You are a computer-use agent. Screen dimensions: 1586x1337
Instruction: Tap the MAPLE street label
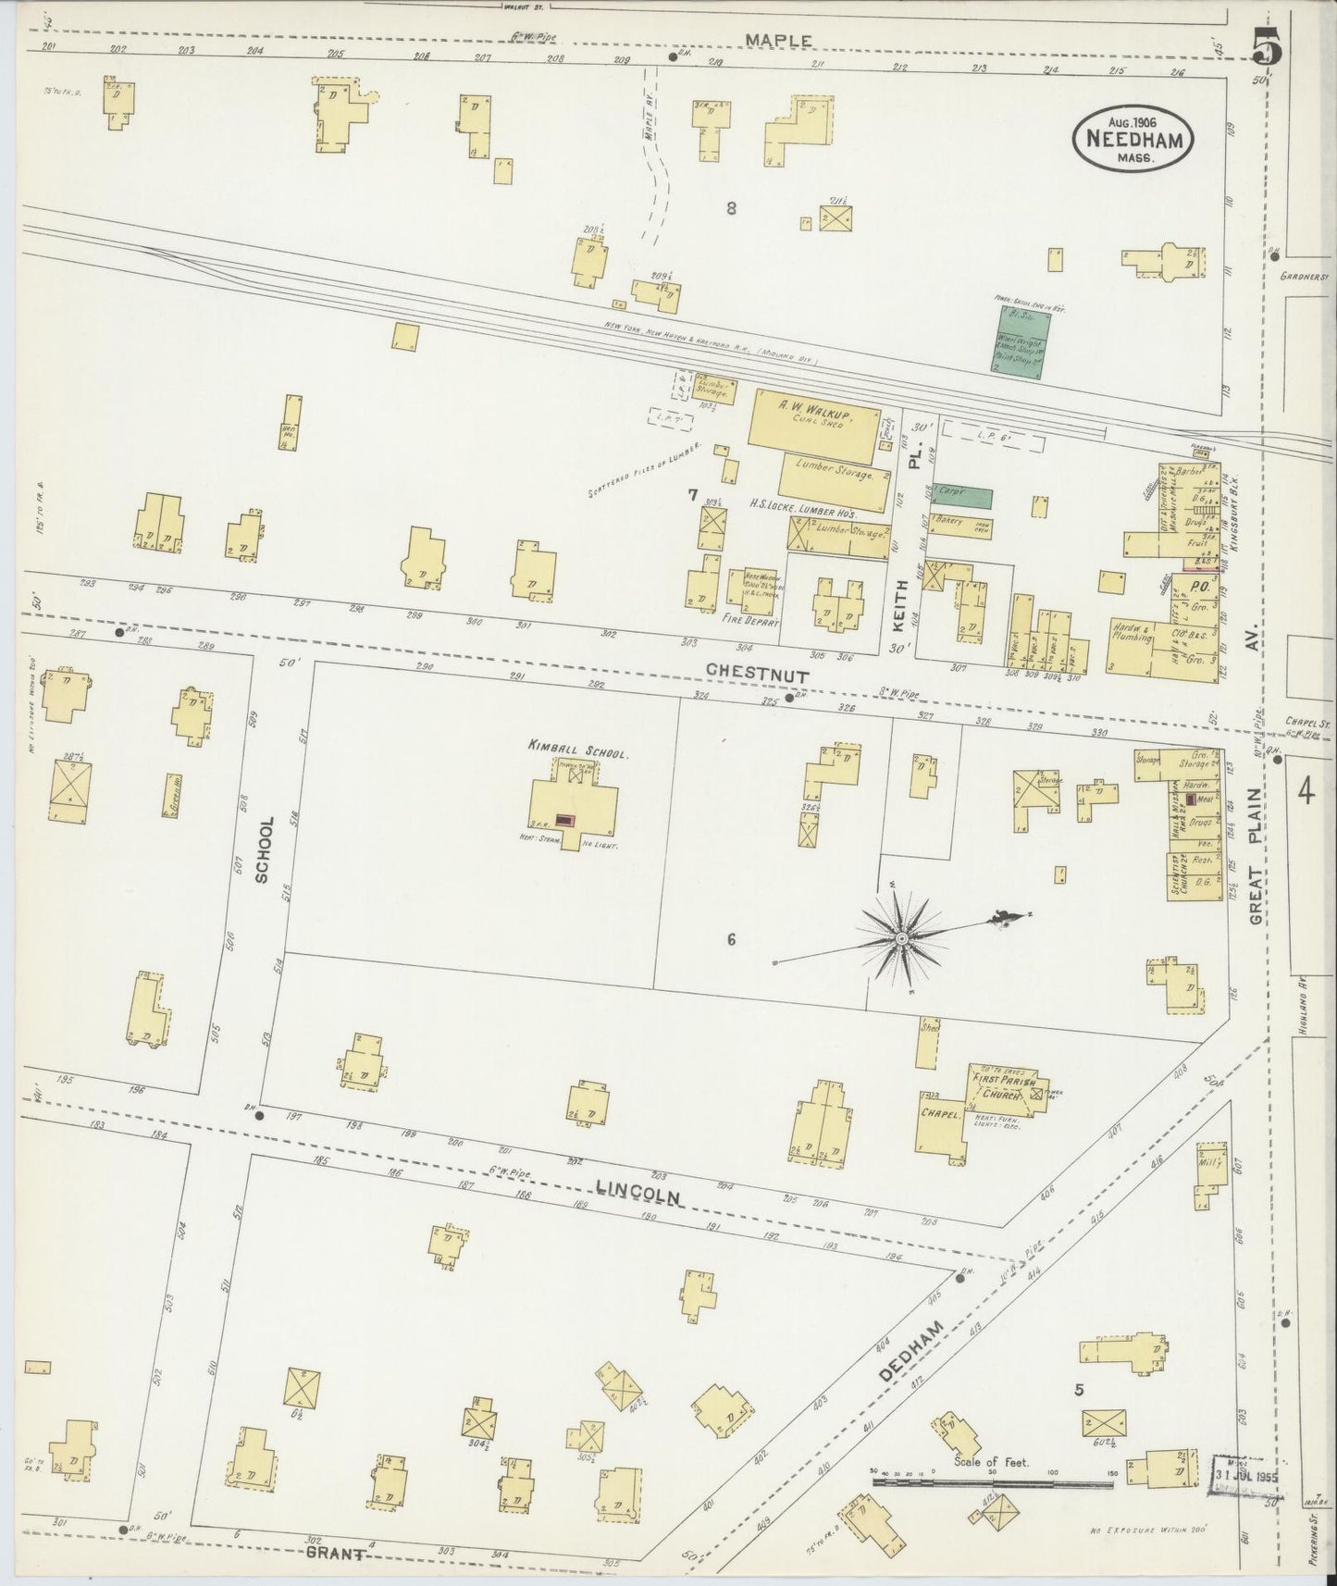click(x=780, y=40)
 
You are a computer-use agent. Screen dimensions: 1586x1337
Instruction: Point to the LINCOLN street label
click(x=638, y=1194)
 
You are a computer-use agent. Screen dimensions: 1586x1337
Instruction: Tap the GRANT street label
click(x=335, y=1554)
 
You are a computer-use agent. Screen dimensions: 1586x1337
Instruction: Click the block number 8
click(x=731, y=208)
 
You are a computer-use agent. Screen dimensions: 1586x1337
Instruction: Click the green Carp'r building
click(x=961, y=498)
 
